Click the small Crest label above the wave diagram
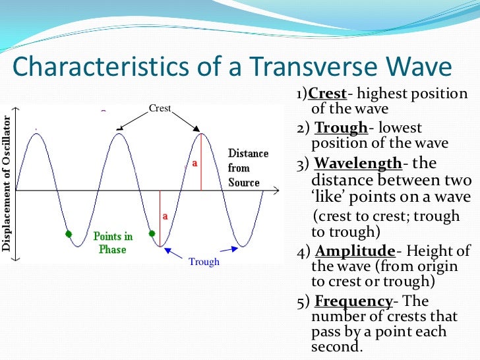point(160,107)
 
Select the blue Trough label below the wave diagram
point(204,262)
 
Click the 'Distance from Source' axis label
point(248,167)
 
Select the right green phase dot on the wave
point(152,233)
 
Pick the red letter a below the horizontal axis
point(165,216)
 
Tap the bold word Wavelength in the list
point(357,164)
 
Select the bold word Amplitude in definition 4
point(355,251)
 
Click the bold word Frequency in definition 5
point(353,301)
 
